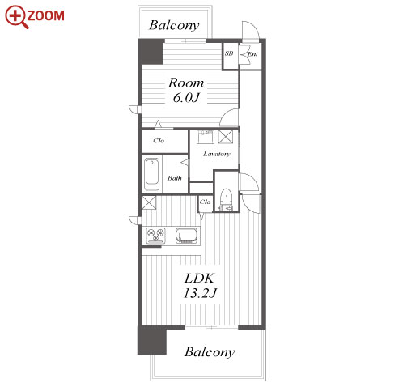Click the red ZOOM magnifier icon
[17, 17]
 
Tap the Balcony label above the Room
[174, 26]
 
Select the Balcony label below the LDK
[210, 352]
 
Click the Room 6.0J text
[186, 91]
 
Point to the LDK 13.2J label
[200, 286]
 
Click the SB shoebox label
[229, 53]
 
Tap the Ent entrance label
[252, 54]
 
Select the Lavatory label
[217, 154]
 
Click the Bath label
[175, 178]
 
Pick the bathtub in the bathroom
[151, 175]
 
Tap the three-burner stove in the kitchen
[155, 236]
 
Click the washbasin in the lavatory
[205, 137]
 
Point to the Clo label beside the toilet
[205, 202]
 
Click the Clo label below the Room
[159, 141]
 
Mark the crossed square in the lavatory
[225, 137]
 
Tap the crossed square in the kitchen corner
[149, 202]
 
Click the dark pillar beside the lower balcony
[151, 340]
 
